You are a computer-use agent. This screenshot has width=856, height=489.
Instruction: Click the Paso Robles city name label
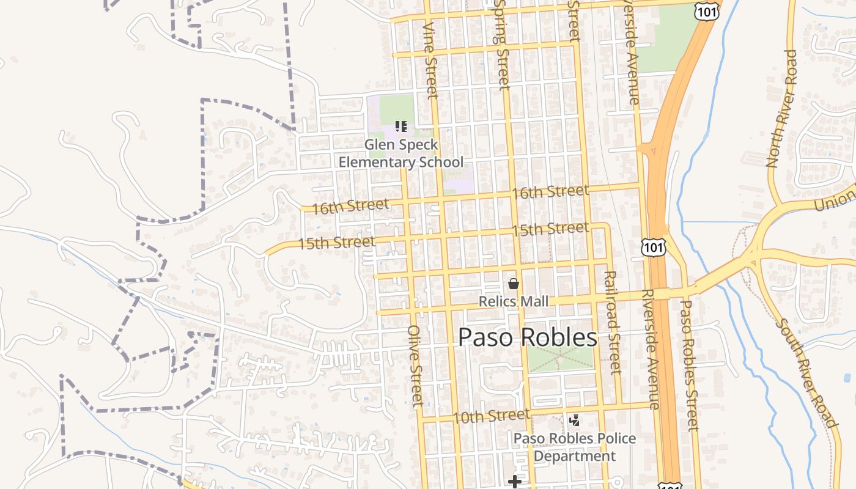[x=528, y=337]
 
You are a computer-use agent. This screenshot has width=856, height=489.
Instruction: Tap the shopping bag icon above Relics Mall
[x=514, y=284]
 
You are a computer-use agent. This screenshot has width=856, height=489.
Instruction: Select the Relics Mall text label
[x=513, y=301]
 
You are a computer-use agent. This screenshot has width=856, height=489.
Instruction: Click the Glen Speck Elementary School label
[x=401, y=153]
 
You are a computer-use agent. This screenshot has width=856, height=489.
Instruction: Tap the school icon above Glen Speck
[x=401, y=127]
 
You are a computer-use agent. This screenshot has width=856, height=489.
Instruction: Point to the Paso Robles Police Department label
[x=574, y=447]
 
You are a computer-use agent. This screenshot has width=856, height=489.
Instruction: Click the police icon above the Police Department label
[x=574, y=420]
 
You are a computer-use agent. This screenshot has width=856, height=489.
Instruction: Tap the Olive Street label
[x=415, y=366]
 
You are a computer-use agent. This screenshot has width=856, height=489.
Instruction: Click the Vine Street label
[x=431, y=60]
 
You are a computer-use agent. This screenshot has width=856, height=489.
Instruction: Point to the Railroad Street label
[x=612, y=322]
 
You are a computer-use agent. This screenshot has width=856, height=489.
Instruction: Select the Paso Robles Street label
[x=689, y=365]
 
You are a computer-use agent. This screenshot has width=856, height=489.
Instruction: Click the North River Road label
[x=782, y=109]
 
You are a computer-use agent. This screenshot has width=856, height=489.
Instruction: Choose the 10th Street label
[x=492, y=416]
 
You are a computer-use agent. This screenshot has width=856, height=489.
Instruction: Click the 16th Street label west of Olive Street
[x=350, y=207]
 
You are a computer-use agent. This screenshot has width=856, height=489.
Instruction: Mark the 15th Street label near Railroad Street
[x=550, y=229]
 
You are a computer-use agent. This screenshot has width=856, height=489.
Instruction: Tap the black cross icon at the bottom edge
[x=515, y=482]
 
